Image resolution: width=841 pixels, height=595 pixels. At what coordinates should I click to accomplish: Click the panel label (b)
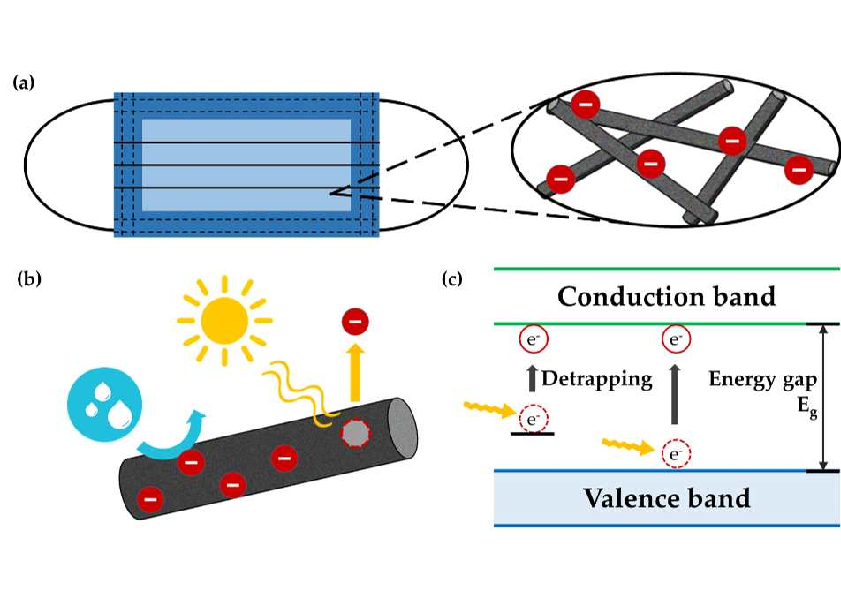pos(29,279)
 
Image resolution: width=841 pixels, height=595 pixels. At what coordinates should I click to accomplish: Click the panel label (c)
pos(452,279)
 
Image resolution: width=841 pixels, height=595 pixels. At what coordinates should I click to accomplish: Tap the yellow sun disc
pos(225,321)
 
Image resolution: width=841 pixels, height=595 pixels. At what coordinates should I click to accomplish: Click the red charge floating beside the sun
pos(355,321)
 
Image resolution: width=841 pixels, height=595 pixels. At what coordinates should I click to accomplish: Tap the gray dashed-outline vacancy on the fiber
pos(355,433)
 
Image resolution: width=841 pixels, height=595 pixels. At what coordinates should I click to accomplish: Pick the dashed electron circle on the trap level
pos(533,420)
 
